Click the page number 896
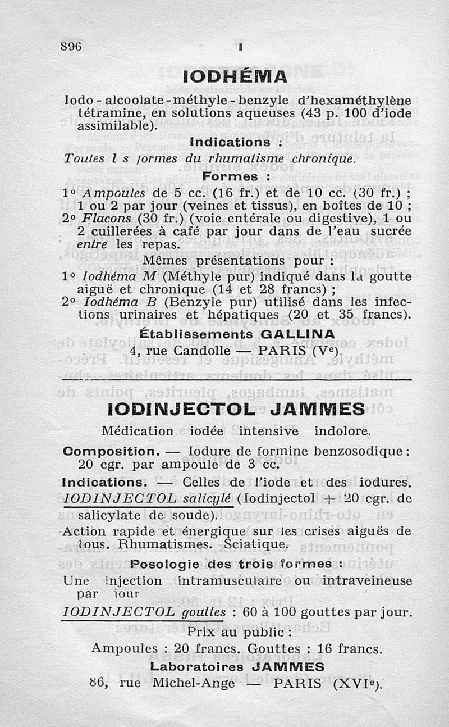[x=71, y=47]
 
